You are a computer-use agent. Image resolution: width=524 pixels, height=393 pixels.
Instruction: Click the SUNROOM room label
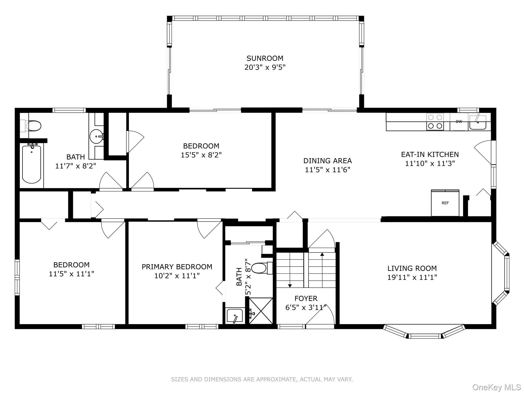[x=265, y=58]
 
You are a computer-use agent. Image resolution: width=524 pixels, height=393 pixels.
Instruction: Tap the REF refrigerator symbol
[x=445, y=203]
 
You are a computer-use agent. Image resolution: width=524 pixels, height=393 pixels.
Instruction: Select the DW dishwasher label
[x=459, y=122]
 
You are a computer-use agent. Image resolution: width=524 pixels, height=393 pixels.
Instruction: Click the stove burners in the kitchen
[x=435, y=122]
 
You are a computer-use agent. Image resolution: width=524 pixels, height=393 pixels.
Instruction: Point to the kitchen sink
[x=478, y=123]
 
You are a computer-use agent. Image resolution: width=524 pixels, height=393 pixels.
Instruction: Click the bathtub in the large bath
[x=31, y=164]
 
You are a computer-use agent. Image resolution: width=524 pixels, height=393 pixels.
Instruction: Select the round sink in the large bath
[x=97, y=137]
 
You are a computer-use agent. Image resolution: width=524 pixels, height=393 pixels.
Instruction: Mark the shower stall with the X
[x=261, y=311]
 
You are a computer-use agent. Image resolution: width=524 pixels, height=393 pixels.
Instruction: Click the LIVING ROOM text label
[x=412, y=268]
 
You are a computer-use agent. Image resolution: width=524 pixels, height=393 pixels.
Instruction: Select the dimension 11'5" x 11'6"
[x=327, y=170]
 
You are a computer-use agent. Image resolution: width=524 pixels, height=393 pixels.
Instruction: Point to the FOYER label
[x=306, y=299]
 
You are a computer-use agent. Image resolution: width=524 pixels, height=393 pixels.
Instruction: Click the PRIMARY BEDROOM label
[x=177, y=267]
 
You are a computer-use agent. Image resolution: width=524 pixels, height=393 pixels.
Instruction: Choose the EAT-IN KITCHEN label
[x=430, y=155]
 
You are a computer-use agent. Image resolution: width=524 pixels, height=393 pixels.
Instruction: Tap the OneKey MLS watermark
[x=497, y=387]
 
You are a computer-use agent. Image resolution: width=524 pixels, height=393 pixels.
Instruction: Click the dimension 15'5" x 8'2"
[x=201, y=155]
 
